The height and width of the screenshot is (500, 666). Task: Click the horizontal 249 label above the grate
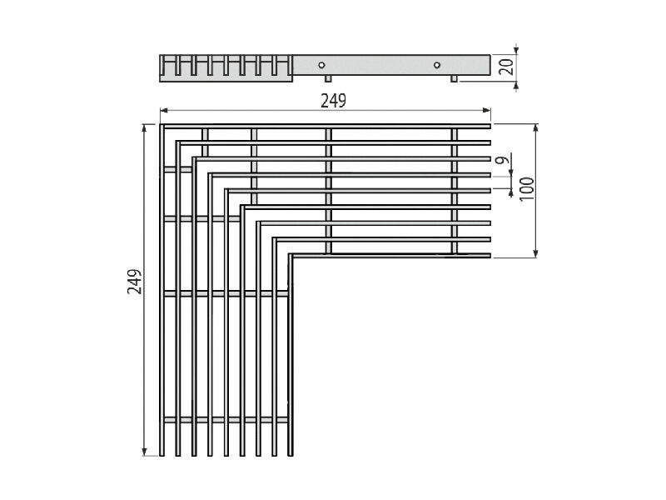pyautogui.click(x=334, y=101)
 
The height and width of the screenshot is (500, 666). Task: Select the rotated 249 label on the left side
pyautogui.click(x=135, y=282)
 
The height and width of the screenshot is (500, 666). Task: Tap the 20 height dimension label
pyautogui.click(x=506, y=67)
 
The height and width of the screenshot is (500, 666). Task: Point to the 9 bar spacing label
pyautogui.click(x=503, y=160)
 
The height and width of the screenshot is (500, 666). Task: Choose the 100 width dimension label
pyautogui.click(x=526, y=189)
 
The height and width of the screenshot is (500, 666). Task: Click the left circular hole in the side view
pyautogui.click(x=321, y=65)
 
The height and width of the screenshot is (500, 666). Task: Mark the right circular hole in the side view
pyautogui.click(x=436, y=65)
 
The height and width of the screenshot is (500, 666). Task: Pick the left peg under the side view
pyautogui.click(x=328, y=78)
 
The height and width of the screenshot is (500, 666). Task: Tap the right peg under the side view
pyautogui.click(x=454, y=78)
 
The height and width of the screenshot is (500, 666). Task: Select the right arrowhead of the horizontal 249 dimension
pyautogui.click(x=487, y=111)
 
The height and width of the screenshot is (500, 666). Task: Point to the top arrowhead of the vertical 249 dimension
pyautogui.click(x=145, y=128)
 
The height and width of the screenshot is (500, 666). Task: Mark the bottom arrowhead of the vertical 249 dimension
pyautogui.click(x=145, y=452)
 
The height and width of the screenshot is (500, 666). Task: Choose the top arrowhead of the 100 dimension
pyautogui.click(x=536, y=128)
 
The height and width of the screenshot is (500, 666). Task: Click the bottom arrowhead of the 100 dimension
pyautogui.click(x=536, y=253)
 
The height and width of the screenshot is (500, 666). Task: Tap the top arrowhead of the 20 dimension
pyautogui.click(x=516, y=50)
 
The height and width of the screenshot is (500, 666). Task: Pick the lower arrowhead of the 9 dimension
pyautogui.click(x=511, y=192)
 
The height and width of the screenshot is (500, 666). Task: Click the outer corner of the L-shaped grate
pyautogui.click(x=161, y=124)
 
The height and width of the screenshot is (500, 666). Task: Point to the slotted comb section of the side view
pyautogui.click(x=226, y=67)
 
